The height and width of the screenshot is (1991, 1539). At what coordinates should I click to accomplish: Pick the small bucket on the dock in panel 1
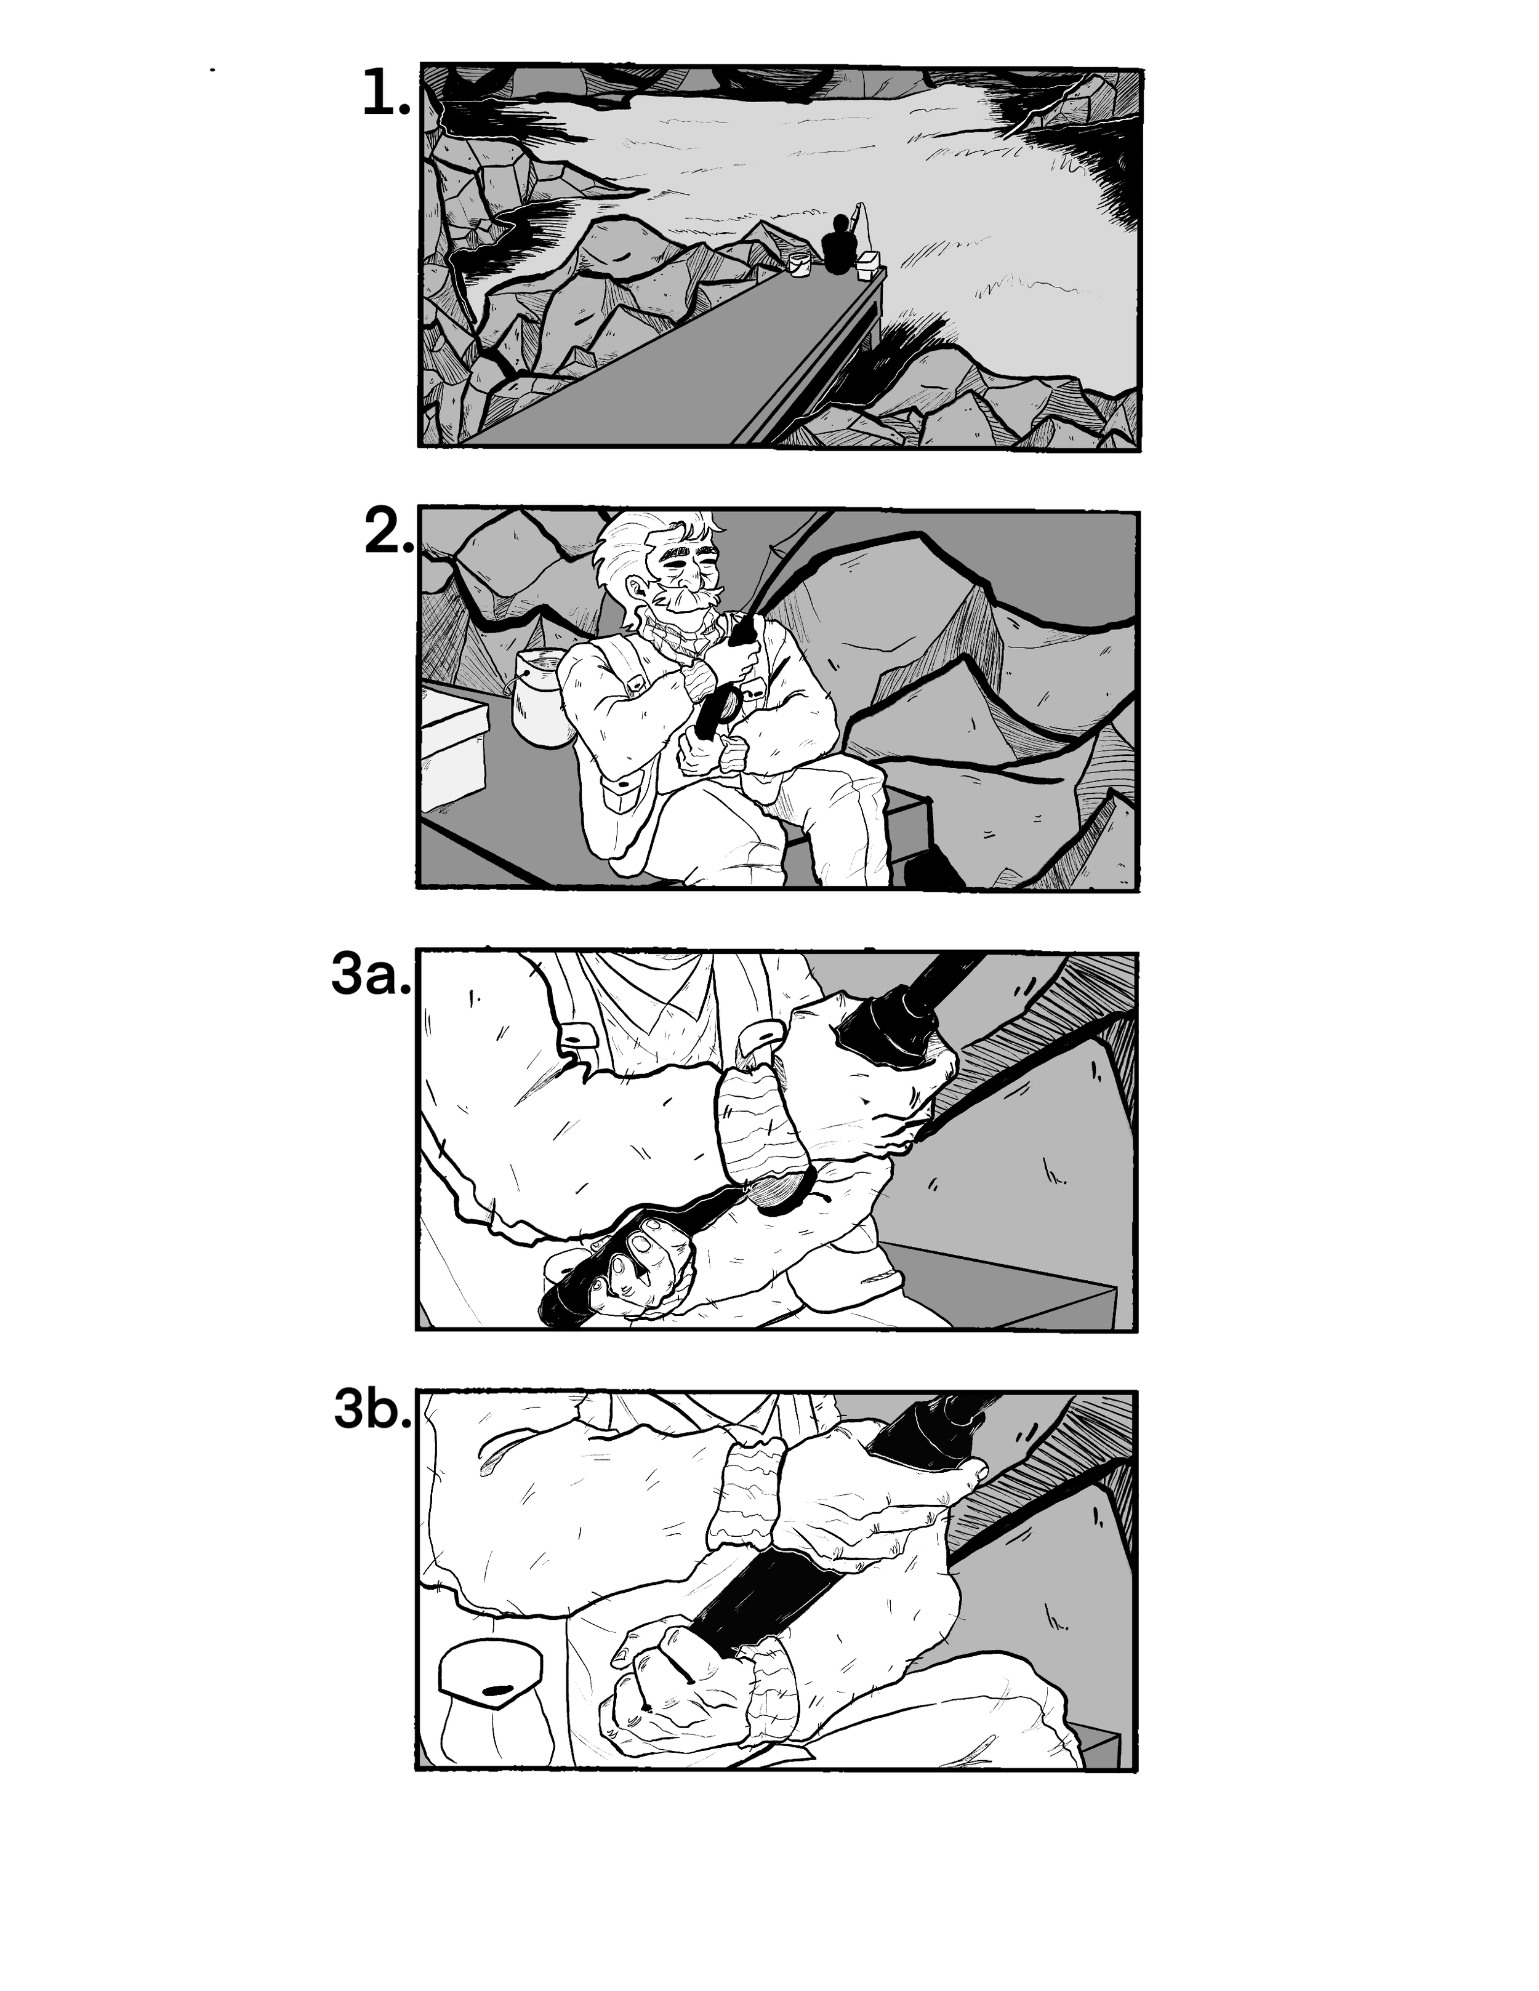[800, 265]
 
